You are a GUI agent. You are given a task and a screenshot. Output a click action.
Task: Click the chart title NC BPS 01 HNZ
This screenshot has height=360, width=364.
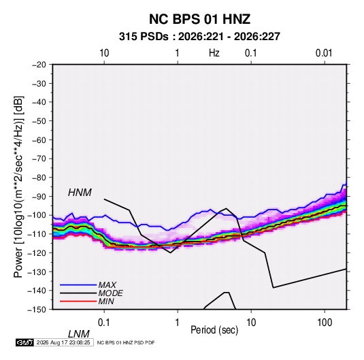pos(199,19)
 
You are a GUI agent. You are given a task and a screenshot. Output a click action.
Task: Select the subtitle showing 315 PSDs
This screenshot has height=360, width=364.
pos(199,37)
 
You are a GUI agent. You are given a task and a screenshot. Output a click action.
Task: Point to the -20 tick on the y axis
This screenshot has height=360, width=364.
pos(39,65)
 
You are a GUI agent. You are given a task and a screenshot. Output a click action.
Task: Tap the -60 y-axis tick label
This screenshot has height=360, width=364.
pos(39,140)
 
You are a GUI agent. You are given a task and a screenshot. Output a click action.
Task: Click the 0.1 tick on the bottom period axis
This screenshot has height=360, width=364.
pos(104,323)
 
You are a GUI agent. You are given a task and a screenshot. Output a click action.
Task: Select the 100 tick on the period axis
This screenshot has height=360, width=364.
pos(325,323)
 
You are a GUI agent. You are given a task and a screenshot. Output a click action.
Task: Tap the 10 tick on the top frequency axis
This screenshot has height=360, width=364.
pos(104,53)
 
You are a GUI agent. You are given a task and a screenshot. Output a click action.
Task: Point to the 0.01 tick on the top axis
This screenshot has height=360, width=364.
pos(324,53)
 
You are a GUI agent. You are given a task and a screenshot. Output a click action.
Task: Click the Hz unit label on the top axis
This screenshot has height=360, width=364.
pos(214,53)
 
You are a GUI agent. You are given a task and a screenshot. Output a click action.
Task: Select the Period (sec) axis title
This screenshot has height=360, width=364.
pos(214,330)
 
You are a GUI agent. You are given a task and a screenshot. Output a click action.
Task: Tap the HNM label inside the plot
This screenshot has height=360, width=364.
pos(80,193)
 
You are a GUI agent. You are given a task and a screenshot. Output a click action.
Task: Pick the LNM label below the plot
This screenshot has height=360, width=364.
pos(79,334)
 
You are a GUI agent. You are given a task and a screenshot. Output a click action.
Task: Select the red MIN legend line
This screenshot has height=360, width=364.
pos(78,301)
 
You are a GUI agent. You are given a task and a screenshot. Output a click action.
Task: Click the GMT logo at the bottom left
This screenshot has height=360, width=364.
pos(24,342)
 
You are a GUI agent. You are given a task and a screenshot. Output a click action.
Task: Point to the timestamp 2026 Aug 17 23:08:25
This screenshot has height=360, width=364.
pos(63,342)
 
